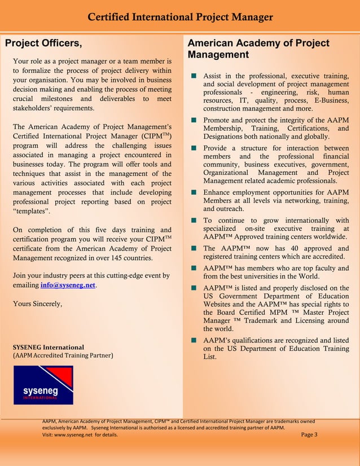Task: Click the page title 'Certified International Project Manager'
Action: (180, 18)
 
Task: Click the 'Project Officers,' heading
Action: (43, 43)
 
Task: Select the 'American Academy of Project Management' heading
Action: (258, 49)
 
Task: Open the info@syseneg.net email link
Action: (68, 285)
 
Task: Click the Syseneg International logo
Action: (43, 385)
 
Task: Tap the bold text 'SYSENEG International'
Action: (49, 347)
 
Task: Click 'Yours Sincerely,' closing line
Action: (37, 304)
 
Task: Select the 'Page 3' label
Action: (310, 434)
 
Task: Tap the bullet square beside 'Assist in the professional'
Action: (194, 76)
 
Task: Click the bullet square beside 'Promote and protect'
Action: (194, 120)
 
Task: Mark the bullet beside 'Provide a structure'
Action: (194, 148)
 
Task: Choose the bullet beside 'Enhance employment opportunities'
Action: (194, 192)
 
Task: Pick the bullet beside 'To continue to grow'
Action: (194, 220)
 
